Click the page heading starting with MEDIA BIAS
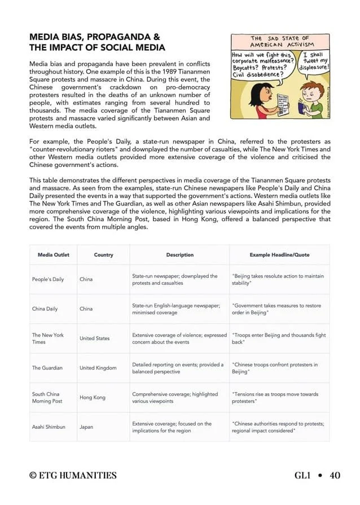pos(97,42)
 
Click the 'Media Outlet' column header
pos(54,255)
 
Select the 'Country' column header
pos(103,255)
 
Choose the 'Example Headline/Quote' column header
pos(279,255)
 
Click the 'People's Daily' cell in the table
pos(48,279)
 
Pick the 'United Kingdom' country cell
pos(98,368)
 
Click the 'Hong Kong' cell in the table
pos(93,397)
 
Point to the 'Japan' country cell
pos(86,427)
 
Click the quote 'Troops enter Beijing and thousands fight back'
pos(279,338)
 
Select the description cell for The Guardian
pos(178,368)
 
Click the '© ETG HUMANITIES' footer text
pos(73,476)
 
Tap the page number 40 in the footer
pos(335,476)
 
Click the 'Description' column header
pos(179,255)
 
